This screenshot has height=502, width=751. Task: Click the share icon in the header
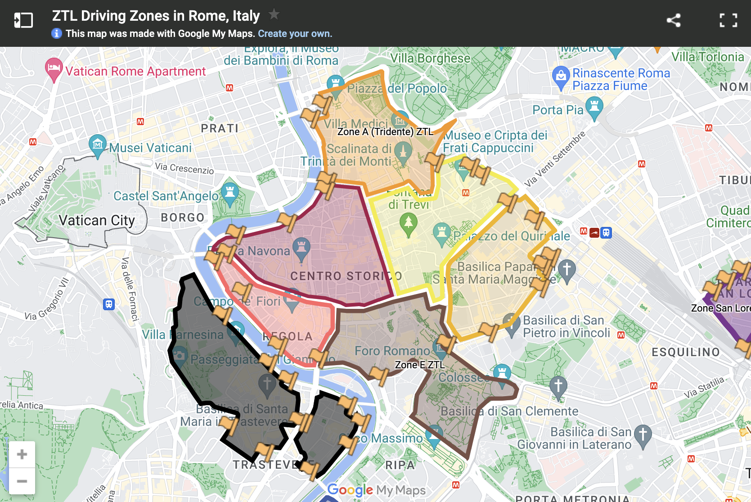(674, 20)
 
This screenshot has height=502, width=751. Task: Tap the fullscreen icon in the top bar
(728, 20)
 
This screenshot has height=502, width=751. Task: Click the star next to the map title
(274, 14)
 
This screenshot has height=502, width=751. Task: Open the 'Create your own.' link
(295, 34)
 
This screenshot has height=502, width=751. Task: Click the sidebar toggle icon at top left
(23, 20)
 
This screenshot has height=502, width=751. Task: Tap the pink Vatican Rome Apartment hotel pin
(54, 69)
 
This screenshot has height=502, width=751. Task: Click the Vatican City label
(97, 220)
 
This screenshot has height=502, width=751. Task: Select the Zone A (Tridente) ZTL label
(385, 131)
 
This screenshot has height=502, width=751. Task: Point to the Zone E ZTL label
(419, 365)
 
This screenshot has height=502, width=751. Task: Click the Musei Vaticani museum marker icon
(97, 145)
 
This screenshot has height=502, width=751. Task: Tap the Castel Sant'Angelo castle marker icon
(230, 192)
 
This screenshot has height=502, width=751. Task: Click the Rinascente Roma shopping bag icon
(561, 76)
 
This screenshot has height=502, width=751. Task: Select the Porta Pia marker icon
(594, 107)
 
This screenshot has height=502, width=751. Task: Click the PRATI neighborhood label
(220, 128)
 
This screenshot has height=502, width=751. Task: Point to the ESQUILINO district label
(686, 352)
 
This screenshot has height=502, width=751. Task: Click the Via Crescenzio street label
(184, 168)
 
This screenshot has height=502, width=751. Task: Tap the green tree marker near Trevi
(408, 223)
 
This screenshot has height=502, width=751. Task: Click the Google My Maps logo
(376, 490)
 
